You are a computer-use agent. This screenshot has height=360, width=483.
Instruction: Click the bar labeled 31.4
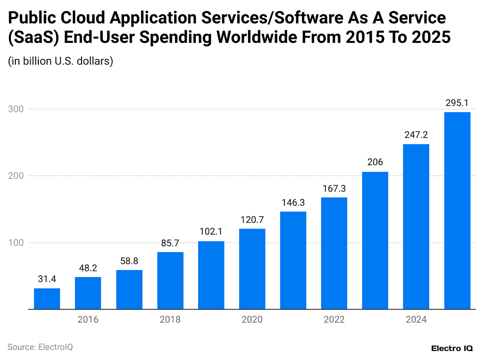(47, 298)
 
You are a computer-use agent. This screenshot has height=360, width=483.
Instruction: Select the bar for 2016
(88, 293)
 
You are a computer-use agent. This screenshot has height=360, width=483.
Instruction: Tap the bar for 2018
(170, 280)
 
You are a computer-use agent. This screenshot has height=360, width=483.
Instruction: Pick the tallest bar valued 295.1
(457, 210)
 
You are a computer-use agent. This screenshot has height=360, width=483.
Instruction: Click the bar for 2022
(334, 253)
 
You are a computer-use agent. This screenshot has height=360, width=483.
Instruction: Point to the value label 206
(375, 163)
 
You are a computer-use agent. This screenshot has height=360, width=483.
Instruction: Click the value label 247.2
(416, 135)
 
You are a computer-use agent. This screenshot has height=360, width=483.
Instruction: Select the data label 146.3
(293, 202)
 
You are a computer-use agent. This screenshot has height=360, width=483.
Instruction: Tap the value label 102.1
(211, 231)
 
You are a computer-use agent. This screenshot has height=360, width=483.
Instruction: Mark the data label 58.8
(129, 260)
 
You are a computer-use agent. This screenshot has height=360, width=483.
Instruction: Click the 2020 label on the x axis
(252, 320)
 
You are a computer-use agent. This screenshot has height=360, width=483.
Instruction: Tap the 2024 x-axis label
(416, 320)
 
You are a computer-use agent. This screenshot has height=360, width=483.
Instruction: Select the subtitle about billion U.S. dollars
(60, 61)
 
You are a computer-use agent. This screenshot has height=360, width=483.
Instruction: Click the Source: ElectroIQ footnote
(40, 347)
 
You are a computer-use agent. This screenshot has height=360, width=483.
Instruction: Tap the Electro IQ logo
(452, 348)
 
